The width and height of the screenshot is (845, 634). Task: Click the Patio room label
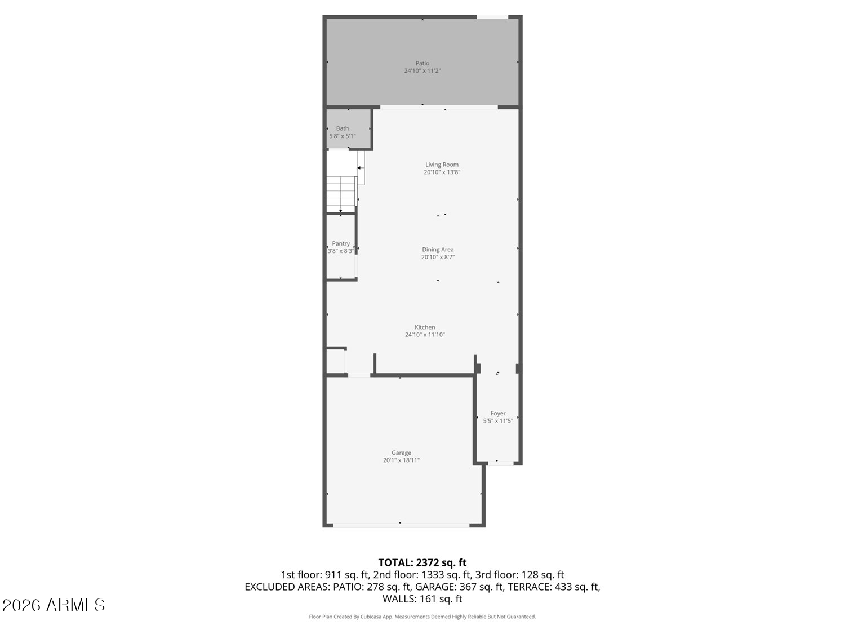pos(422,64)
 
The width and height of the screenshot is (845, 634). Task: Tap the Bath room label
pos(343,128)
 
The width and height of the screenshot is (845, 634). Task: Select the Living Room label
pos(442,165)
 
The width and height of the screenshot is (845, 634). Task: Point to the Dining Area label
pos(438,250)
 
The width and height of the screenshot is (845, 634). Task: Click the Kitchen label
pos(425,327)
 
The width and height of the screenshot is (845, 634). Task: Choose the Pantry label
pos(341,243)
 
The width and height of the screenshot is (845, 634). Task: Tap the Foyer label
pos(498,413)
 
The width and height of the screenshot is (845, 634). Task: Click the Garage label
pos(401,453)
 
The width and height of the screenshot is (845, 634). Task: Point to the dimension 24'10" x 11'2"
pos(422,71)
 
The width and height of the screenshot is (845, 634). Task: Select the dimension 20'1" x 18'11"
pos(401,460)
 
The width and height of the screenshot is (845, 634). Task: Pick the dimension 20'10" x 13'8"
pos(442,172)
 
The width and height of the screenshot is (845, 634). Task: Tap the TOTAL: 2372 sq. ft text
pos(422,562)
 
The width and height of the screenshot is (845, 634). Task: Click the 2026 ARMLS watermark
pos(54,605)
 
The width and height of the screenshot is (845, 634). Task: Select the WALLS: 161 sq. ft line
pos(422,598)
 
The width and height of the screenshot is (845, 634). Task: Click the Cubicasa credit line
pos(422,617)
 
